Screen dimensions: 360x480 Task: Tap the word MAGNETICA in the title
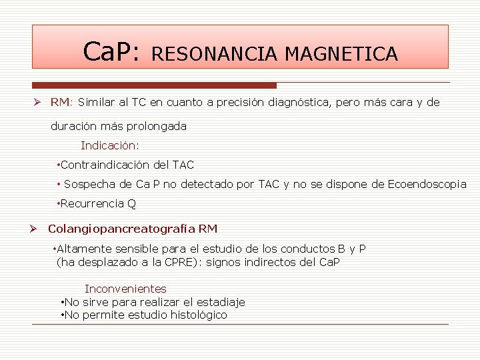pyautogui.click(x=341, y=53)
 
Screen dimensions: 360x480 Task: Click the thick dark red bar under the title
pyautogui.click(x=155, y=85)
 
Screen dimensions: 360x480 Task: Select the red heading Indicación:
pyautogui.click(x=110, y=145)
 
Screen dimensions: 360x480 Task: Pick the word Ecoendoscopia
pyautogui.click(x=427, y=185)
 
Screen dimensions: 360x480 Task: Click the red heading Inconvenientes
pyautogui.click(x=125, y=289)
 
